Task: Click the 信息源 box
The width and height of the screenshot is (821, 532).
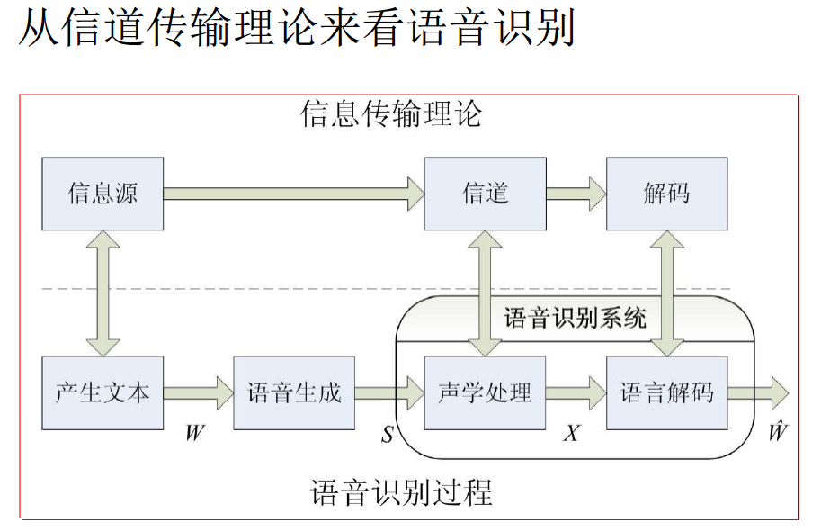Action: click(x=103, y=194)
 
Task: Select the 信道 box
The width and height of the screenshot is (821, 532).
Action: click(x=486, y=194)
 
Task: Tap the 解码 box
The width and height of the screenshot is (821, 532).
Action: click(x=666, y=194)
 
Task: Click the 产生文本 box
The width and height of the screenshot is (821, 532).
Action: click(x=103, y=393)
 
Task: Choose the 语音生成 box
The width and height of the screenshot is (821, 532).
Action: click(x=294, y=393)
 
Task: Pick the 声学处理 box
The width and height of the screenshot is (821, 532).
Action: click(x=486, y=393)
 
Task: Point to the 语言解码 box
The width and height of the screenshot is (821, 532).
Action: click(x=666, y=393)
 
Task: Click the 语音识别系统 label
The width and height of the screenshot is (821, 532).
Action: click(x=576, y=318)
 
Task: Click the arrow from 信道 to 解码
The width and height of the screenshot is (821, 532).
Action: click(x=576, y=193)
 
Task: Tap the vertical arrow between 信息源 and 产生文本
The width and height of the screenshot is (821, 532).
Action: click(x=103, y=293)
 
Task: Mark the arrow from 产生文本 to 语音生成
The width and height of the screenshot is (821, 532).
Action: click(x=198, y=393)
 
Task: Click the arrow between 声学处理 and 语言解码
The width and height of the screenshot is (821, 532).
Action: click(x=576, y=393)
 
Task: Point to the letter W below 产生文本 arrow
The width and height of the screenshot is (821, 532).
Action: click(x=195, y=433)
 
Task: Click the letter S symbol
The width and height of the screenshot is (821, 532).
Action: click(x=387, y=435)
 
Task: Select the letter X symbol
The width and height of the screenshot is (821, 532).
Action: click(x=572, y=434)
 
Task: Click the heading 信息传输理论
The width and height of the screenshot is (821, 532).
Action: click(x=391, y=114)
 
